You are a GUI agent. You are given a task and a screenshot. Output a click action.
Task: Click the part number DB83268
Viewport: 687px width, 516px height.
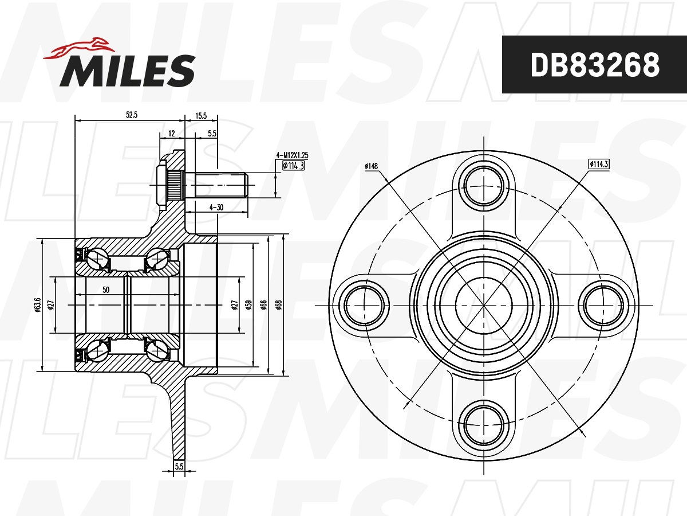click(x=595, y=65)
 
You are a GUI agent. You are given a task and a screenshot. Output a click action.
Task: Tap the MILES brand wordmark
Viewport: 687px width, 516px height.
click(x=128, y=71)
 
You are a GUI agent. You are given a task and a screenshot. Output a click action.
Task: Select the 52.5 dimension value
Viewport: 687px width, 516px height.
click(x=132, y=115)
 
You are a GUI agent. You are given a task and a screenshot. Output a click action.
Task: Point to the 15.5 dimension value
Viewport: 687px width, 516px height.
click(x=201, y=115)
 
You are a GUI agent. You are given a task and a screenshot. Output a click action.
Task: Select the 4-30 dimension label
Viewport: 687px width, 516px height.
click(x=216, y=208)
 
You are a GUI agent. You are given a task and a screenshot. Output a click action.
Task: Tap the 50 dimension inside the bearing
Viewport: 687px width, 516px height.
click(x=106, y=290)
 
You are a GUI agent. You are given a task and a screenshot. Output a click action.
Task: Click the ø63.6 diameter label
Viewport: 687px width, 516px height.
click(x=37, y=304)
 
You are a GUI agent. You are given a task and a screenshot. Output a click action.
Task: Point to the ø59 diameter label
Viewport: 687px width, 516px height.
click(x=248, y=304)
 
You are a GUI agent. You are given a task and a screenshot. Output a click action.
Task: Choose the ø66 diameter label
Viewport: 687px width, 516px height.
click(x=263, y=304)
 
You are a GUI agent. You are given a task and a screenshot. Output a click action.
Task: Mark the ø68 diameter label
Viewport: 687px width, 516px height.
click(x=279, y=304)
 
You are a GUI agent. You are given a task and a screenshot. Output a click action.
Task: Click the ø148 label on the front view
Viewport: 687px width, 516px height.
click(x=372, y=166)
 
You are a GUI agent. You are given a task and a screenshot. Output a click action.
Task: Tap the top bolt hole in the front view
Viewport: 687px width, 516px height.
click(x=484, y=186)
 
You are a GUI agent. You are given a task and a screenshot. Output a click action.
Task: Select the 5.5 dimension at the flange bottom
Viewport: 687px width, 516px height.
click(x=179, y=467)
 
